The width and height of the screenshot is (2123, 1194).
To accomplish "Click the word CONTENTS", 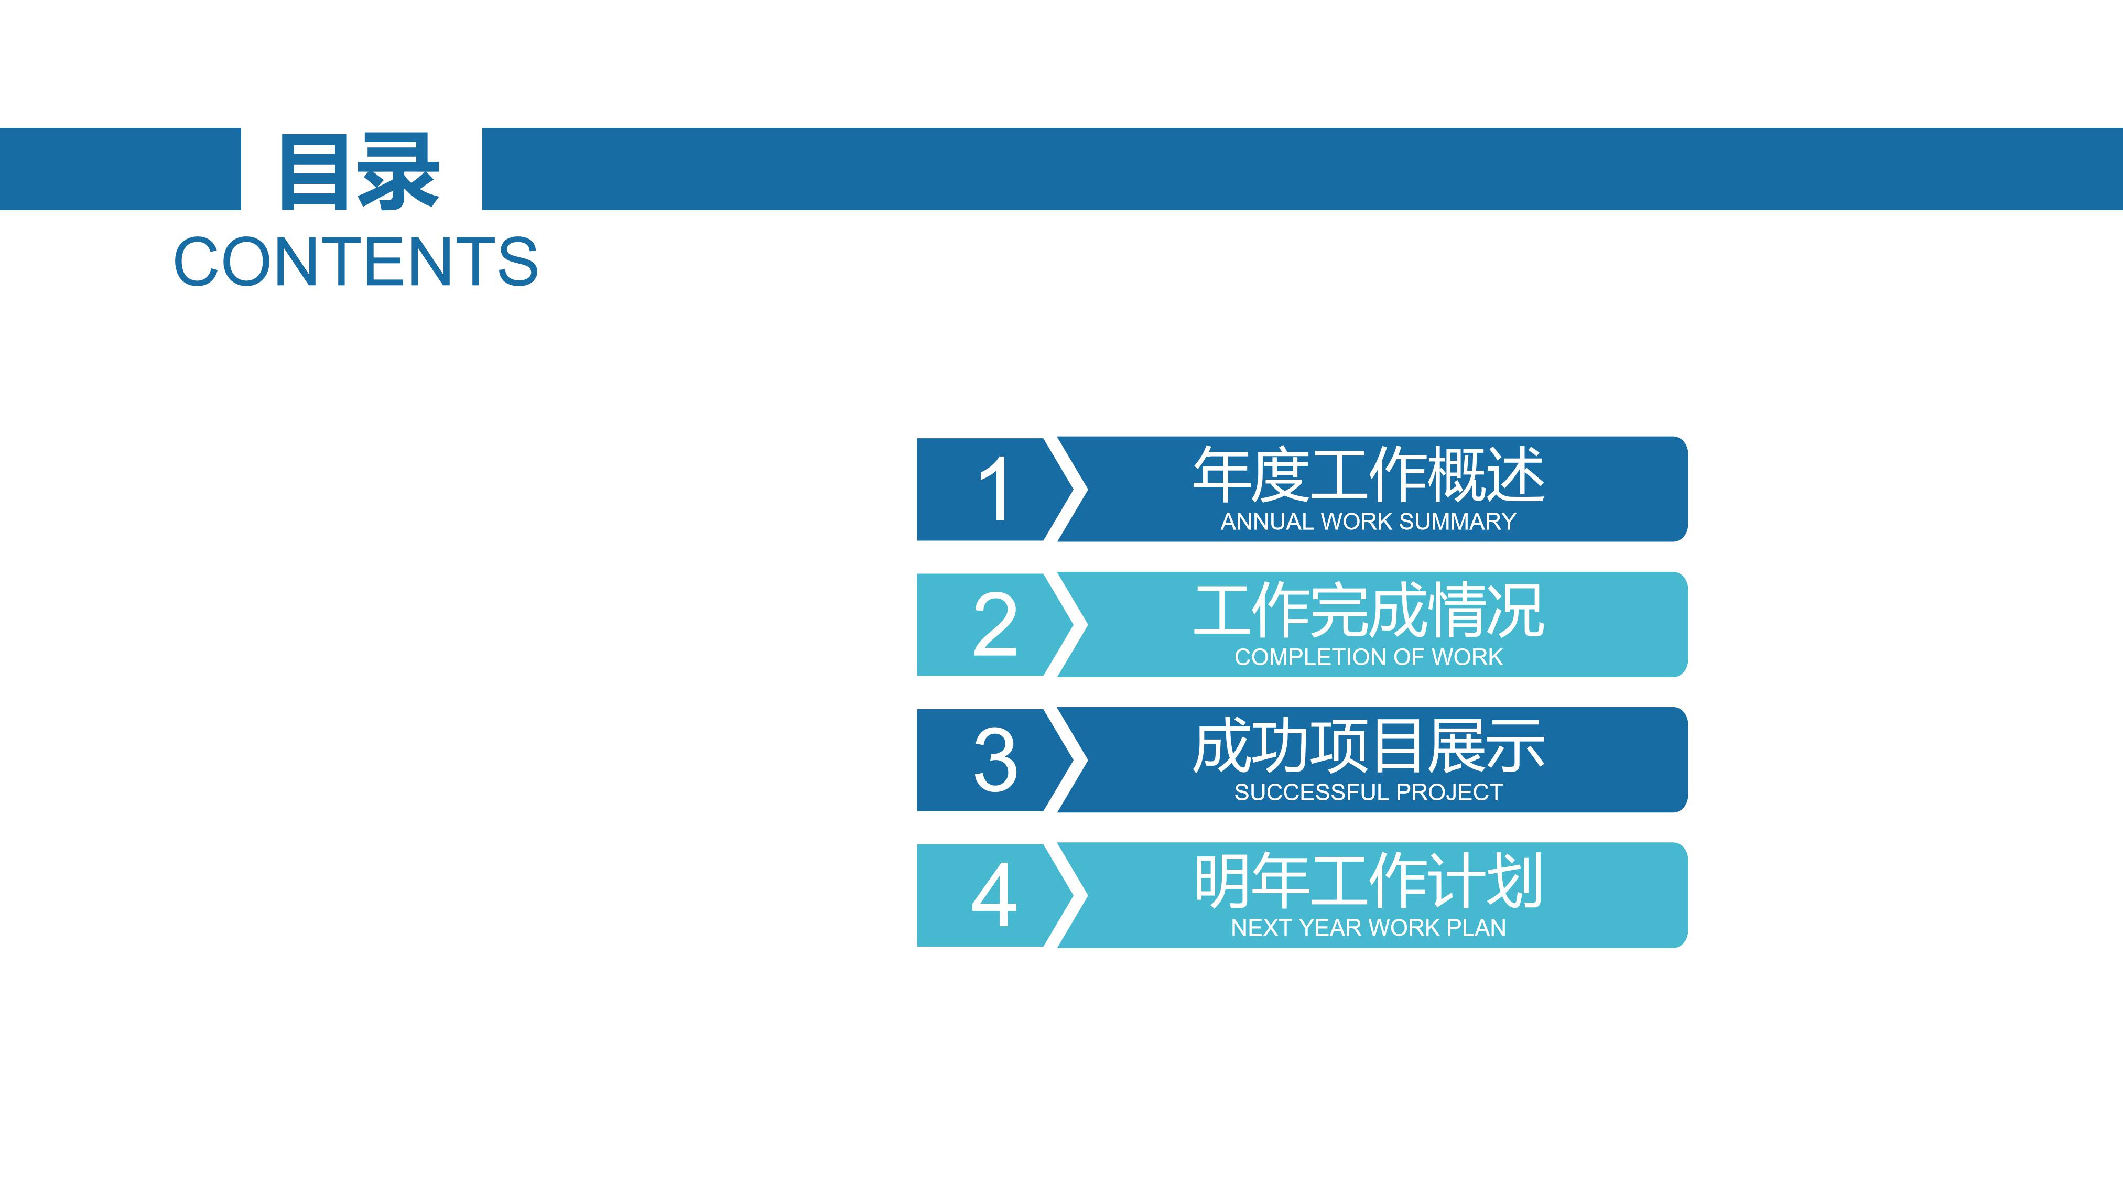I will point(356,262).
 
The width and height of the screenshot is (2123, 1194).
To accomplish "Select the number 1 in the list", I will point(995,490).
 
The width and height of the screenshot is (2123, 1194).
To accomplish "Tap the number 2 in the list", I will point(995,625).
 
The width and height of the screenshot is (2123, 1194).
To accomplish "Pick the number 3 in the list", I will point(995,759).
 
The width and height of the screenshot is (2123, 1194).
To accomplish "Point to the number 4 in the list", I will point(995,895).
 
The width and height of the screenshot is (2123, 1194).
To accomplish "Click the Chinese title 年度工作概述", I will point(1368,475).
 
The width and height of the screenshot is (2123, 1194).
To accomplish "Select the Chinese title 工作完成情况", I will point(1368,611).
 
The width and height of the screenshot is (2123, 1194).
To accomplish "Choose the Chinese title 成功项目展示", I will point(1368,746).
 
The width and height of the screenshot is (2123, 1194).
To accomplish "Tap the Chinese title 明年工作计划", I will point(1368,881).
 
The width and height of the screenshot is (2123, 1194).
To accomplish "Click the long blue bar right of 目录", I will point(1302,169).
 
